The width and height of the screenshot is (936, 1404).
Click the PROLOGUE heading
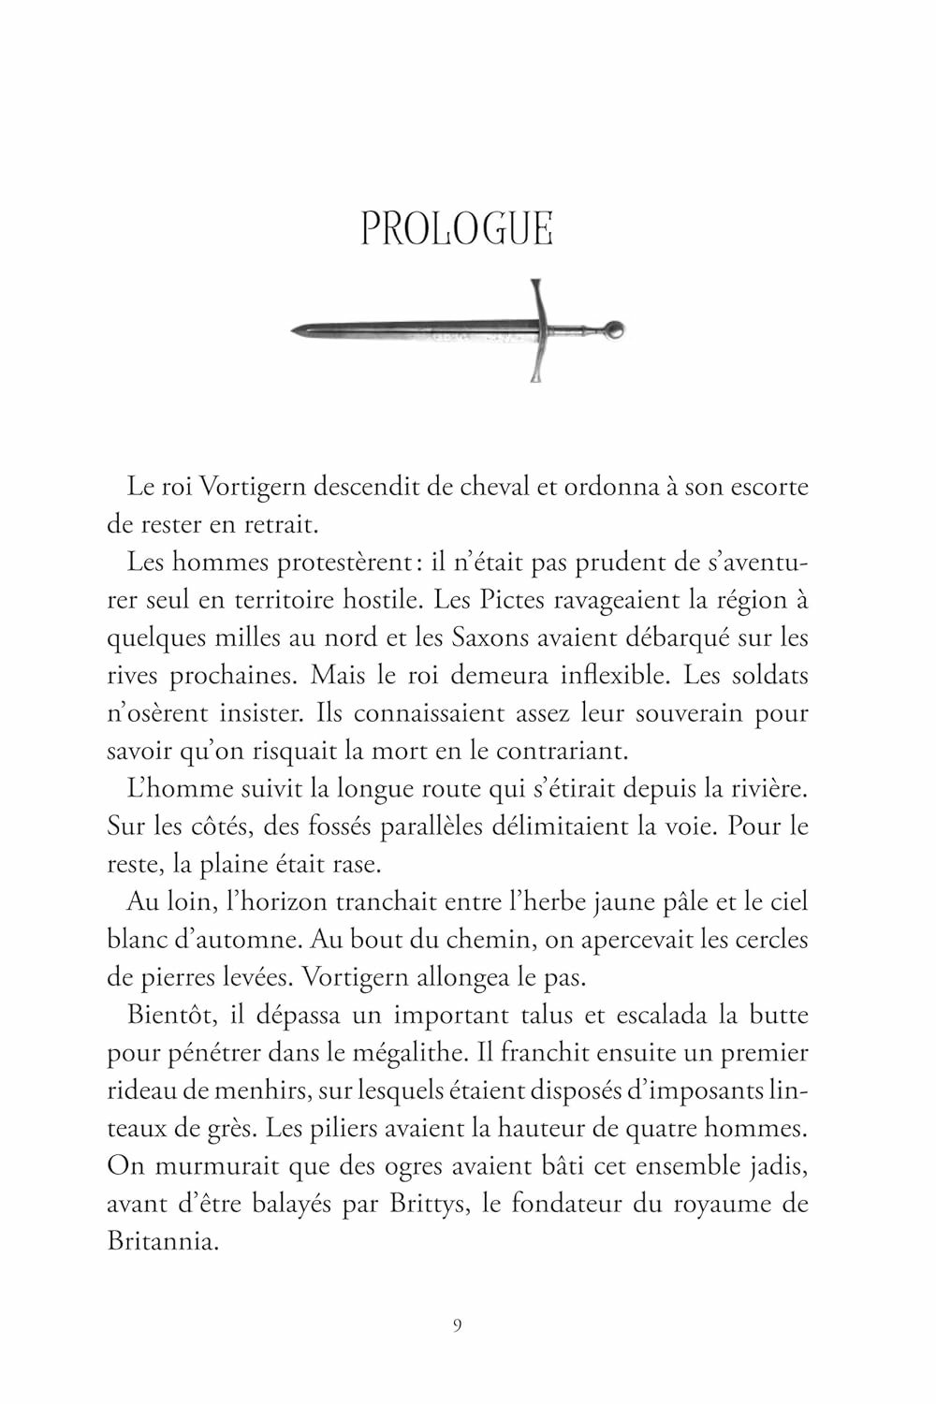pos(457,229)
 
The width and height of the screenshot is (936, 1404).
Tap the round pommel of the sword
pos(613,329)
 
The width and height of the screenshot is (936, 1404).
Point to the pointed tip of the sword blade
pos(294,330)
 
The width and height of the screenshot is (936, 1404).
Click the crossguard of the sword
pos(538,329)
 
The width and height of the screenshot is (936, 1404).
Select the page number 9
pos(457,1324)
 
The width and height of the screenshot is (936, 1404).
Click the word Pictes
pos(512,600)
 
